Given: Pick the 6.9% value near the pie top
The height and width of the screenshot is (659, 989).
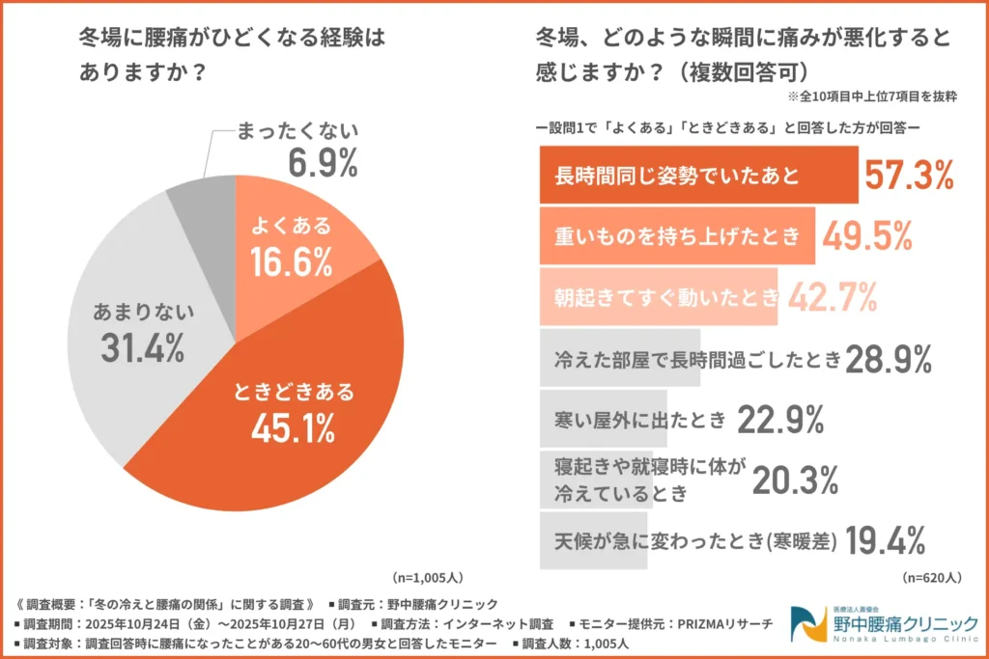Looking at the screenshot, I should click(324, 163).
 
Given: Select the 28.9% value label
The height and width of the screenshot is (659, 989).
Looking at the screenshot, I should click(889, 359).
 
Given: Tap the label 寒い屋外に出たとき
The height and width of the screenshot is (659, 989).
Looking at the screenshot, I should click(639, 420).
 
